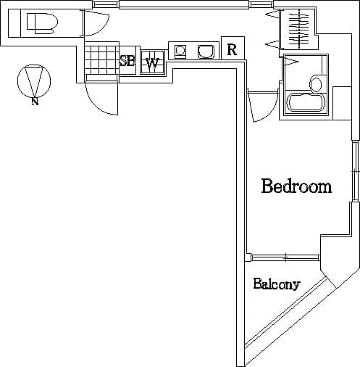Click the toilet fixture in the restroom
tap(41, 23)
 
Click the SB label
tap(127, 62)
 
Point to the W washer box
tap(152, 62)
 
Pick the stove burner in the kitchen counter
tap(180, 51)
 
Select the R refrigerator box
tap(232, 49)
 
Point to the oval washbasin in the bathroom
tap(316, 84)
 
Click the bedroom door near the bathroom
tap(258, 107)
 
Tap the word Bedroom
tap(296, 186)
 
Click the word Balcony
tap(276, 284)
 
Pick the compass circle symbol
tap(33, 81)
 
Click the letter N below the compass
tap(34, 102)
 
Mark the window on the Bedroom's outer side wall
tap(355, 170)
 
